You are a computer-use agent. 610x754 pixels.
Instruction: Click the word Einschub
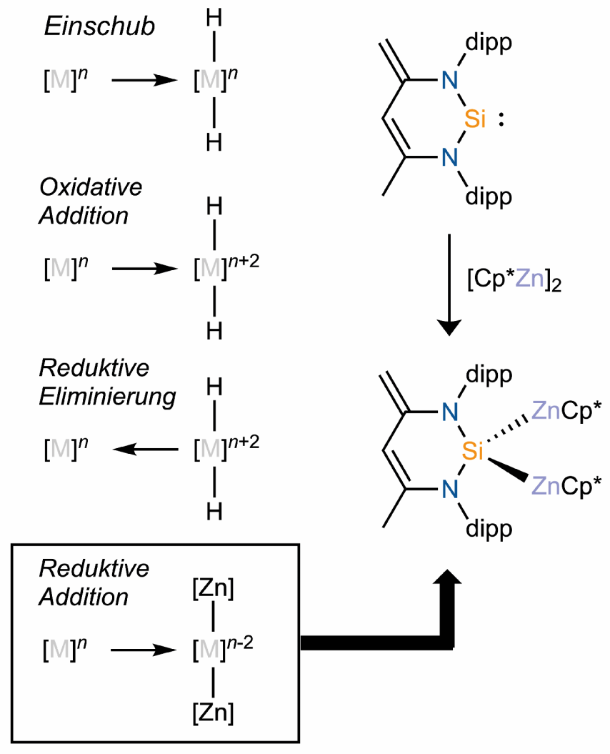99,26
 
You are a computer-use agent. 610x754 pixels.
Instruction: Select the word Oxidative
91,187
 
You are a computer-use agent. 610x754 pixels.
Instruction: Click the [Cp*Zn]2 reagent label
514,280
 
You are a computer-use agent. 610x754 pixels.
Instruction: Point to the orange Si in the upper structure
475,119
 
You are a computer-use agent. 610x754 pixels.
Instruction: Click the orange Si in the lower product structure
473,451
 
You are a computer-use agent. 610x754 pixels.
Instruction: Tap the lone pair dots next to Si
501,119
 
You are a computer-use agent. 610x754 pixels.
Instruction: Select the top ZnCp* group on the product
566,412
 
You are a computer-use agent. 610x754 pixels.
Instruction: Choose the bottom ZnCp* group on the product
566,487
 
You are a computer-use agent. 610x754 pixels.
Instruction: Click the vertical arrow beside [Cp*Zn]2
449,284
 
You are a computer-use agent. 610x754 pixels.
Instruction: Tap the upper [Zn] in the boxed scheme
214,589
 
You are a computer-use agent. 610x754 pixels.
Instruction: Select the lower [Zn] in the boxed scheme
214,713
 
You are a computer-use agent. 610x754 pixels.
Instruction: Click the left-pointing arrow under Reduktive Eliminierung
145,450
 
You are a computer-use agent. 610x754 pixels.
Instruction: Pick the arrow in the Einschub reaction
145,80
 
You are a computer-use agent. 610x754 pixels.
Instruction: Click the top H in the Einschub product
214,19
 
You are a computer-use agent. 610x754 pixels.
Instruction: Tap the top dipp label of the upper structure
489,44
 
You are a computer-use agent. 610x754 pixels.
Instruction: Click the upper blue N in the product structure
450,412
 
